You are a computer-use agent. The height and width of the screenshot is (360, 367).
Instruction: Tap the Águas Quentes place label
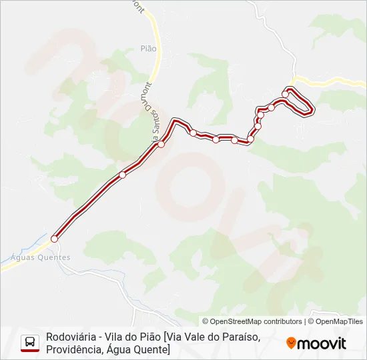41,257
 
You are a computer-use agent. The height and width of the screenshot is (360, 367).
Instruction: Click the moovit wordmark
322,343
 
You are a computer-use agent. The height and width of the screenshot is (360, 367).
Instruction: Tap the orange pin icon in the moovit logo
291,343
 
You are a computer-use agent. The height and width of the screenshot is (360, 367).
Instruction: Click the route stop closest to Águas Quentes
55,238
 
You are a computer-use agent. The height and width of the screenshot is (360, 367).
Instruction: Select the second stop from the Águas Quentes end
122,175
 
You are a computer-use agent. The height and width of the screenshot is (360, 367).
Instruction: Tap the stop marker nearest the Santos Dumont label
161,144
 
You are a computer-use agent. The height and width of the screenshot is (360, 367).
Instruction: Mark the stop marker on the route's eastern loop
286,94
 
